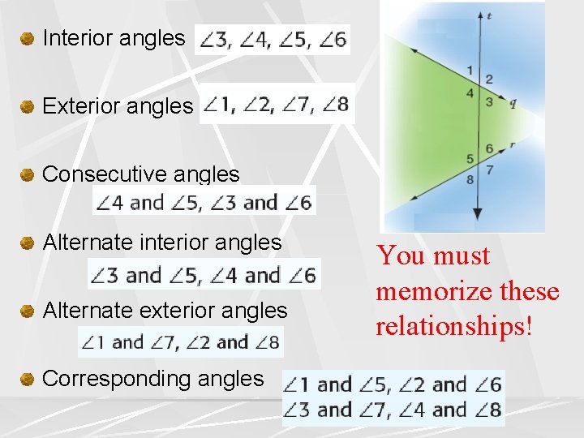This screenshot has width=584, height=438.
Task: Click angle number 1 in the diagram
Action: pos(470,70)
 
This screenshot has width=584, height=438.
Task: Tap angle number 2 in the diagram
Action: pos(488,79)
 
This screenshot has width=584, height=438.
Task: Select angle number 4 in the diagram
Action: pos(470,93)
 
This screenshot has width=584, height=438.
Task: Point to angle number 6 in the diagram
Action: pos(488,148)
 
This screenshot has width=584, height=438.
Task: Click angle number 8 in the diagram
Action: pos(470,179)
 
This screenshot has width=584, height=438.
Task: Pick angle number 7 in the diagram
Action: pos(488,170)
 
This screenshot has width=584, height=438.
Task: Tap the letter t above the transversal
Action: pos(489,15)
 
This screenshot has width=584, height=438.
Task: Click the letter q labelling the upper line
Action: pos(513,103)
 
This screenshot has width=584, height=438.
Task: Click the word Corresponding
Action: pos(109,379)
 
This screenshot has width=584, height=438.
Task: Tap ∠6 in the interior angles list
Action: pos(333,40)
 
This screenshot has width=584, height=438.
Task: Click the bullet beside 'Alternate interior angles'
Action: pos(27,243)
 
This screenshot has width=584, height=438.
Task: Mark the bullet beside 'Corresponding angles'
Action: pos(27,379)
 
